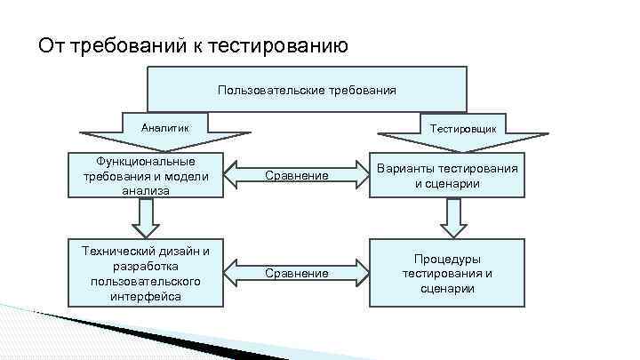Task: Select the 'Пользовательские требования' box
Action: (307, 90)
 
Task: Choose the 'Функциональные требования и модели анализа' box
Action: (146, 175)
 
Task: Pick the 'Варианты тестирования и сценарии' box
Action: (447, 175)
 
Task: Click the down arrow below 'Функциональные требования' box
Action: (146, 215)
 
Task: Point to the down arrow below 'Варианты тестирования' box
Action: (453, 218)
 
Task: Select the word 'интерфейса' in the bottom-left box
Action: (146, 296)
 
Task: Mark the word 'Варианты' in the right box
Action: (404, 168)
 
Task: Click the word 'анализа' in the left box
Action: (146, 190)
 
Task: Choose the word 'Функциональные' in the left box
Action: (146, 161)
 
